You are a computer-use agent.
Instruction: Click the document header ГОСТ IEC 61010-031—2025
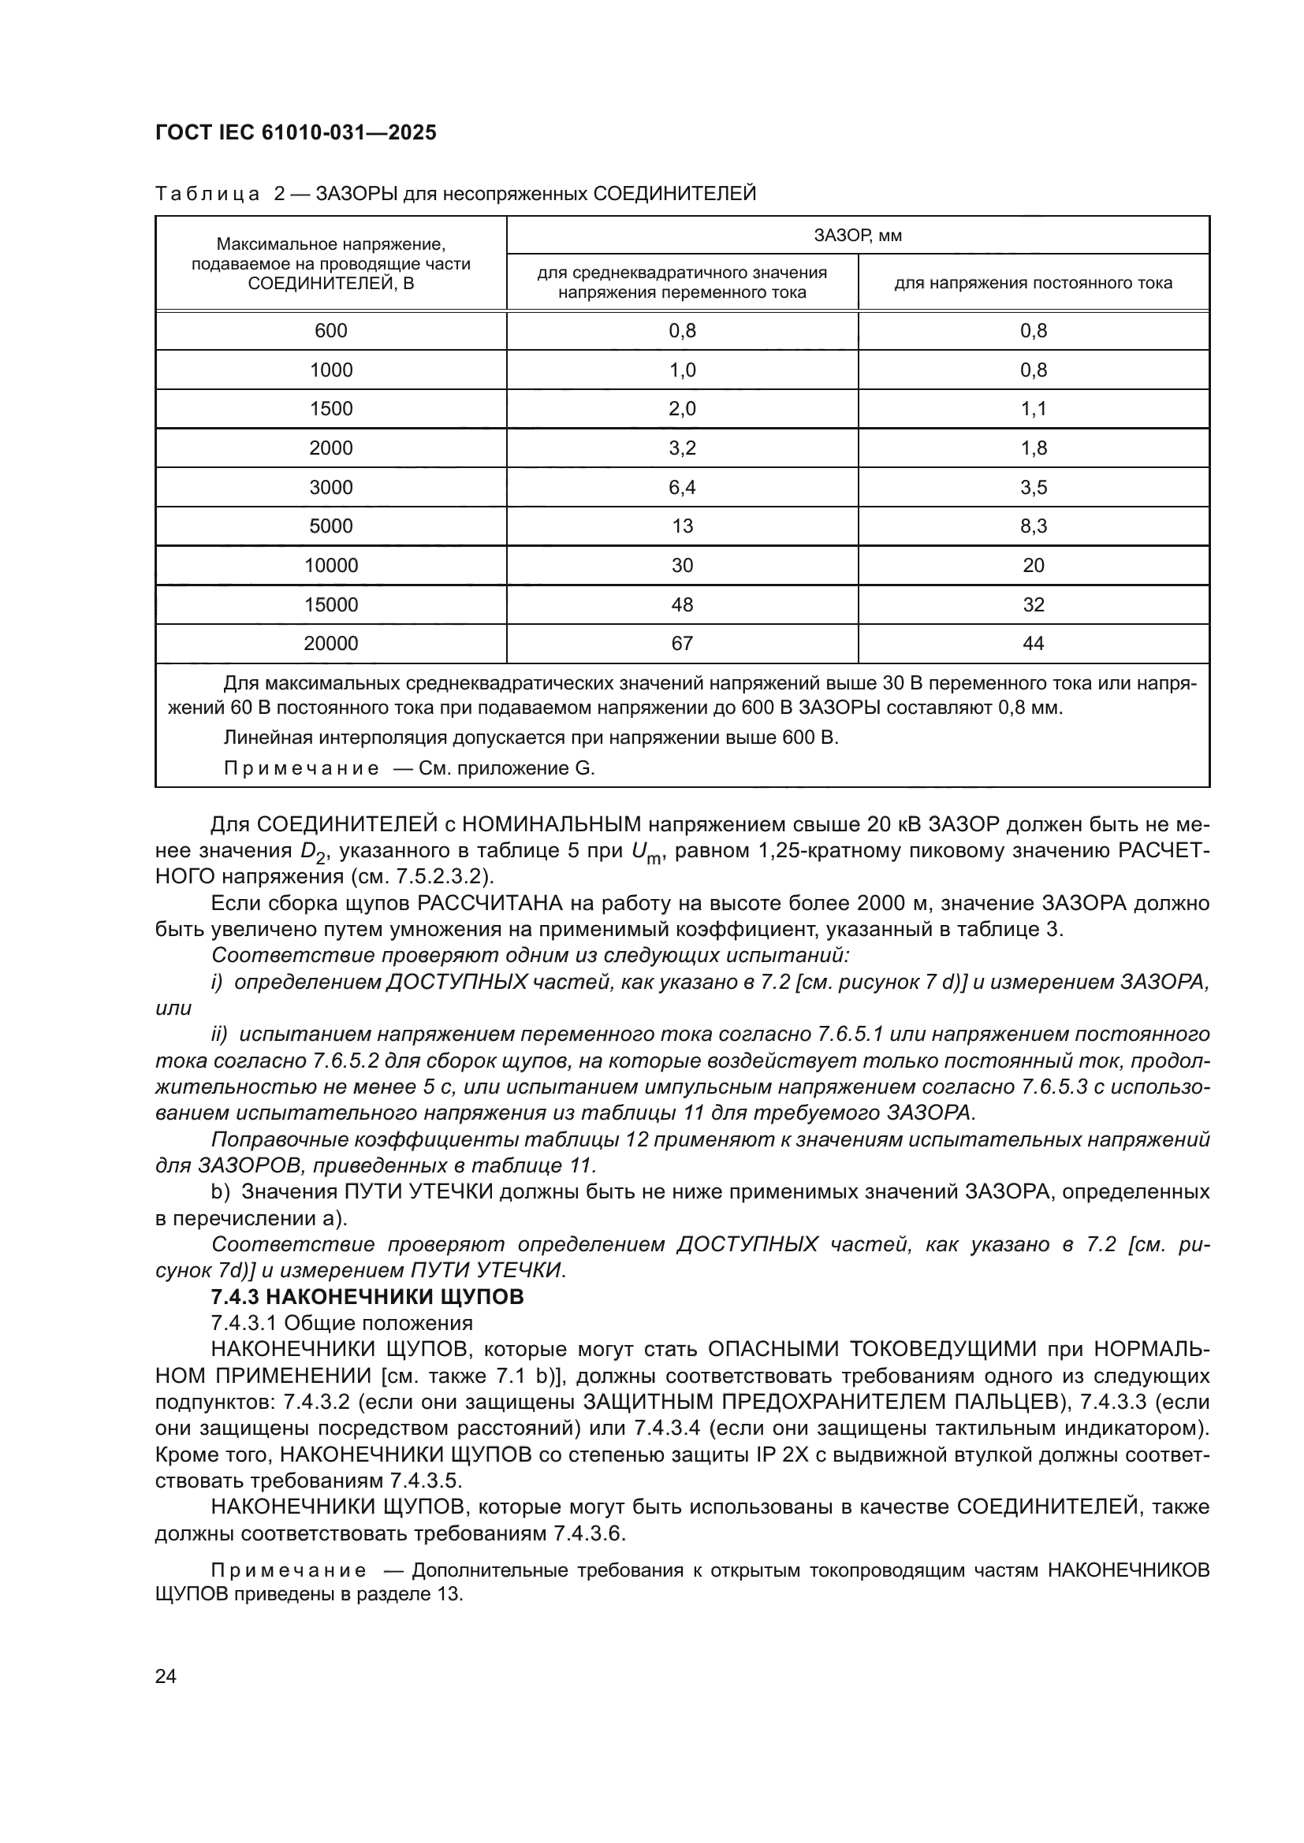click(296, 132)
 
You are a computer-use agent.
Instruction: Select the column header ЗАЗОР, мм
click(858, 235)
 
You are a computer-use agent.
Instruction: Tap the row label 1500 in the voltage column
click(331, 409)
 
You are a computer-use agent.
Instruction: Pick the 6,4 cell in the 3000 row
click(682, 487)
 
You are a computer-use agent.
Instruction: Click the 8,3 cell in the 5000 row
click(1034, 526)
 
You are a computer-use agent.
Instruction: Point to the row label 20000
click(331, 643)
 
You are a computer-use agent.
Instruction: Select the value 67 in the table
click(682, 643)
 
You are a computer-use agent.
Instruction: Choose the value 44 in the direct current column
click(1034, 643)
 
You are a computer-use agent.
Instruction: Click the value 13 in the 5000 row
click(682, 526)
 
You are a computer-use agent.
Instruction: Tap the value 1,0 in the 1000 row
click(682, 370)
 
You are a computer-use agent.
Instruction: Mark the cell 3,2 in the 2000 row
click(682, 448)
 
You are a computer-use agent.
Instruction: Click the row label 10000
click(331, 565)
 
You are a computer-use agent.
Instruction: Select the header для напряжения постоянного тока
click(1034, 283)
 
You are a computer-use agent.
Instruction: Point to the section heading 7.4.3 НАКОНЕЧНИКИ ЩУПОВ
click(367, 1296)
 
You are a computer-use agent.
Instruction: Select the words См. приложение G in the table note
click(507, 768)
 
